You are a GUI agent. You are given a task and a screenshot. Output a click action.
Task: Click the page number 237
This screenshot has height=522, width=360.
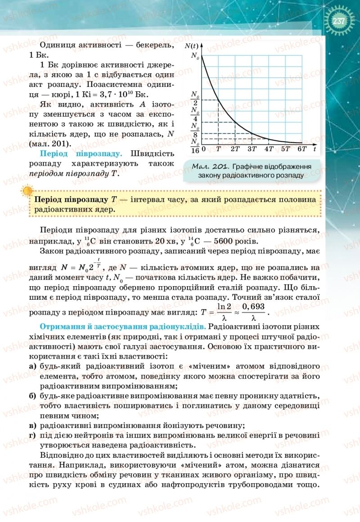pyautogui.click(x=338, y=21)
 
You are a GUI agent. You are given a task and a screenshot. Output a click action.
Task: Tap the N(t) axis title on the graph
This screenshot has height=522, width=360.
pyautogui.click(x=192, y=46)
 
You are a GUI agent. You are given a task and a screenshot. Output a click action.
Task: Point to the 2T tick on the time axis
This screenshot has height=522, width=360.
pyautogui.click(x=234, y=149)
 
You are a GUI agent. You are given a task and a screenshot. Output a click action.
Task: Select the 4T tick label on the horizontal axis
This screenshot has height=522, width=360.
pyautogui.click(x=269, y=149)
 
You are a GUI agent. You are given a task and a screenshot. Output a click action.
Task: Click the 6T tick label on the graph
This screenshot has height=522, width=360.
pyautogui.click(x=302, y=149)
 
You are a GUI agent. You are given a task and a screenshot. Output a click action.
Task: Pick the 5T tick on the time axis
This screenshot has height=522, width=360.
pyautogui.click(x=285, y=149)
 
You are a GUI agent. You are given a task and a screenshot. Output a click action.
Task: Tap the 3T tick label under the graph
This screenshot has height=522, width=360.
pyautogui.click(x=252, y=149)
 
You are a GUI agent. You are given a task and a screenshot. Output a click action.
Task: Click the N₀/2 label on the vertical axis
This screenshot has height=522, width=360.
pyautogui.click(x=195, y=99)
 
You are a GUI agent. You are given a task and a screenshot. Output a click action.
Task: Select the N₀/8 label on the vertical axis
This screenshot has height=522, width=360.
pyautogui.click(x=195, y=130)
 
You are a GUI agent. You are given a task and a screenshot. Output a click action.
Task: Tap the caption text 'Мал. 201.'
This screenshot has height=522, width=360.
pyautogui.click(x=207, y=166)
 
